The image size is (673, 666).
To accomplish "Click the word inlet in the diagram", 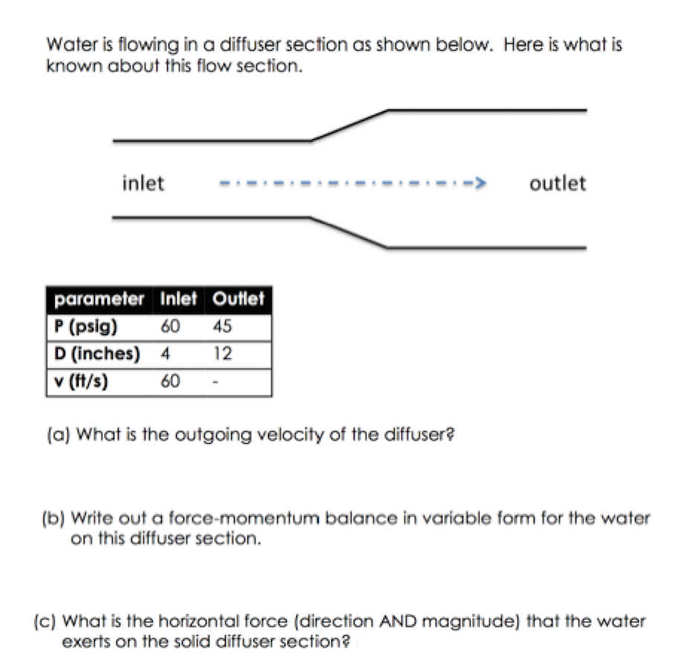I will (x=143, y=183).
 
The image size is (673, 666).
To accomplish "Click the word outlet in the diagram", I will (x=557, y=183).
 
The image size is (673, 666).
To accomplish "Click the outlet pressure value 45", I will (x=221, y=326).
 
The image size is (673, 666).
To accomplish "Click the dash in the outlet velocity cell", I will (x=215, y=381).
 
